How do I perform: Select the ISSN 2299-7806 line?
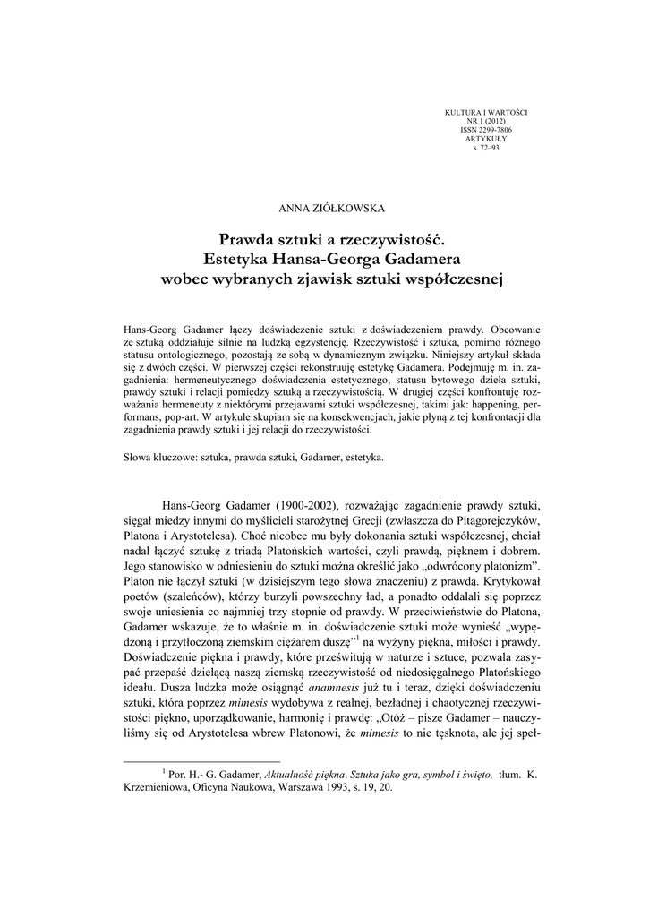point(486,129)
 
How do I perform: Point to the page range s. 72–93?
point(486,147)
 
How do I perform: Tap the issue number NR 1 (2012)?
point(486,120)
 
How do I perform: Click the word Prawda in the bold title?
point(245,241)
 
